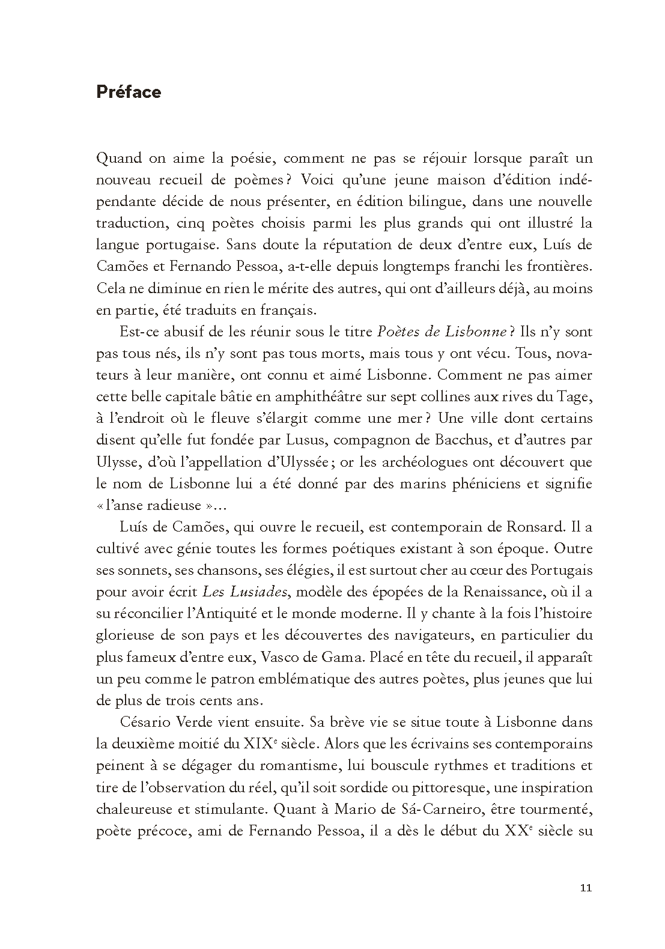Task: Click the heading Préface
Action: [x=129, y=92]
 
